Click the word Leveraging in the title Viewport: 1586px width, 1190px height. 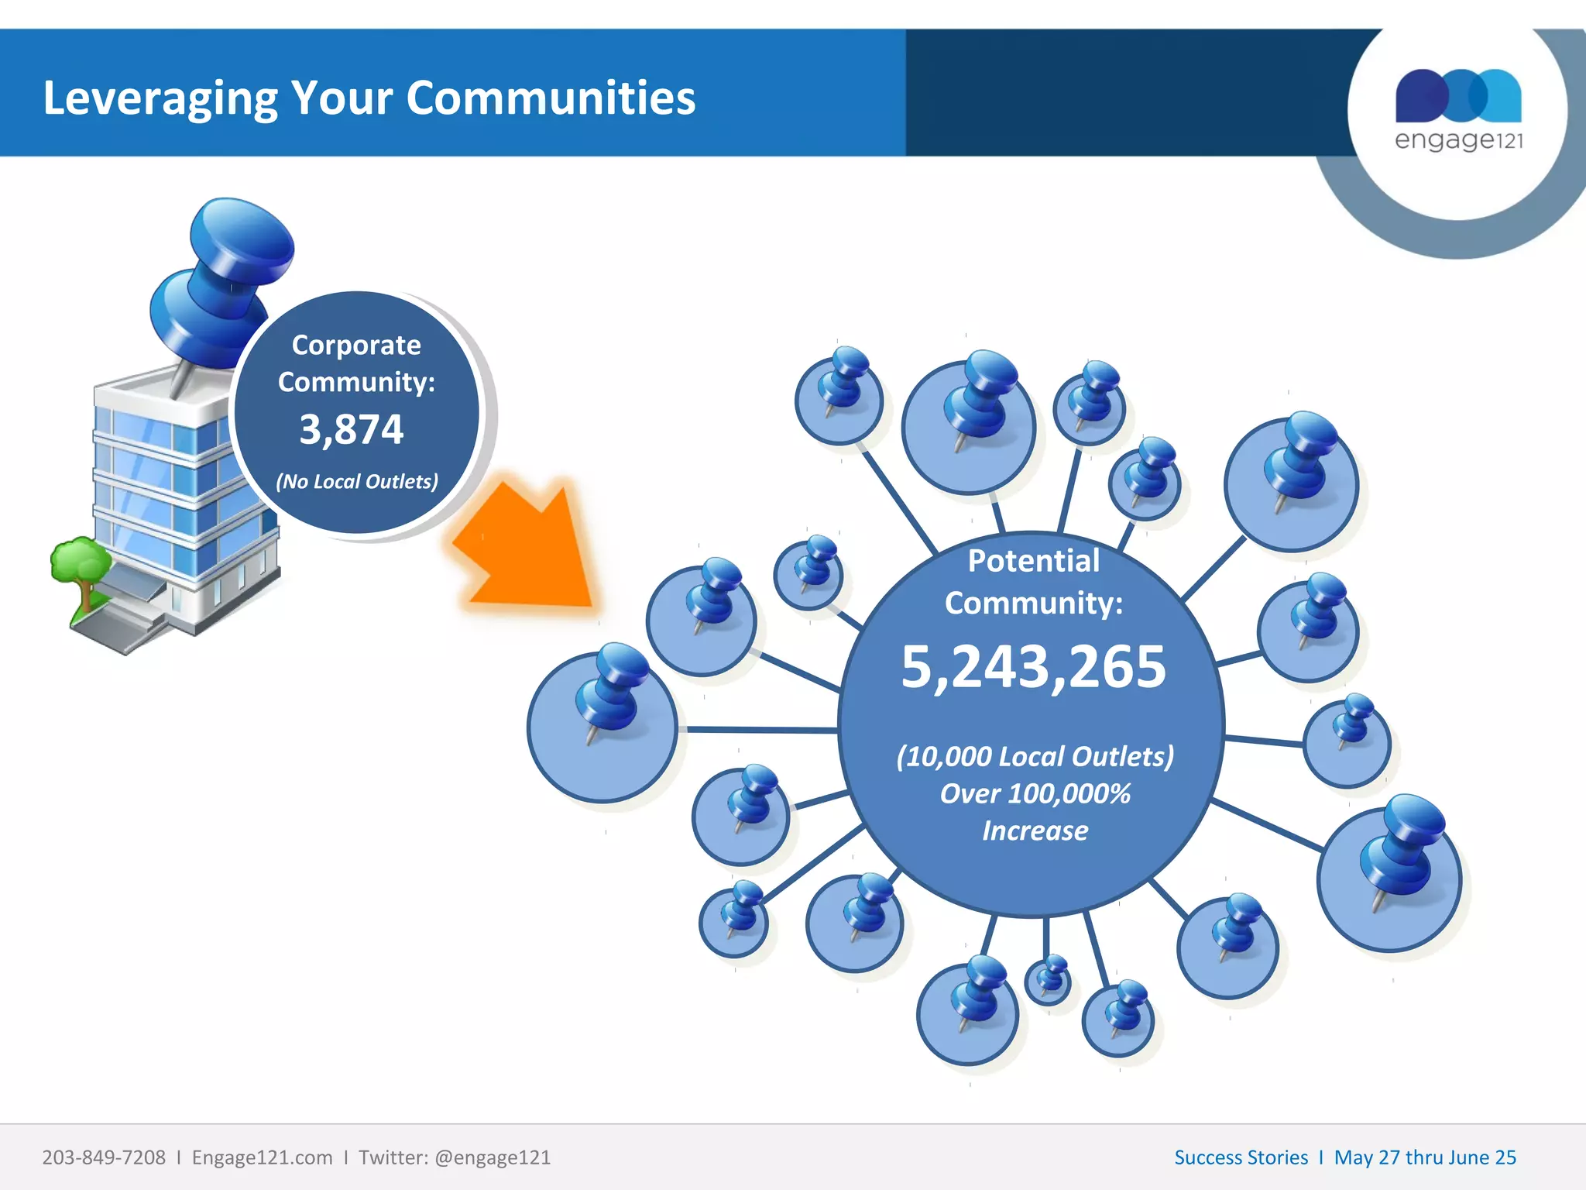click(x=160, y=99)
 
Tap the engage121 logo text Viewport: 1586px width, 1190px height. click(x=1458, y=140)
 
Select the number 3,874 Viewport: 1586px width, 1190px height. click(x=352, y=429)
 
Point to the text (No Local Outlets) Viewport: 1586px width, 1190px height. click(x=357, y=481)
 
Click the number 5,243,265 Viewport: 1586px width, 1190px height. click(x=1033, y=666)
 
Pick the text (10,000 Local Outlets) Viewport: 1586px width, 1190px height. click(x=1035, y=756)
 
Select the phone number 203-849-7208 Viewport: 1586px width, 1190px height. click(x=104, y=1157)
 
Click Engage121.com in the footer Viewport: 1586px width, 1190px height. click(x=262, y=1157)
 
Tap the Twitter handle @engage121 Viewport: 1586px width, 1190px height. click(x=493, y=1157)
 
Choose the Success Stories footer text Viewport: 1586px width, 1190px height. click(x=1241, y=1157)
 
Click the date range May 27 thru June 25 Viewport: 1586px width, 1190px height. click(x=1425, y=1157)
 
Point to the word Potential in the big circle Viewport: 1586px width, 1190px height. click(x=1033, y=560)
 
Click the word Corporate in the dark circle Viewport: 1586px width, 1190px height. click(x=356, y=345)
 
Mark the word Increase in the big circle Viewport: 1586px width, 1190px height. click(x=1035, y=831)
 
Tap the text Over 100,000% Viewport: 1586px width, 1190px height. click(x=1035, y=793)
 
